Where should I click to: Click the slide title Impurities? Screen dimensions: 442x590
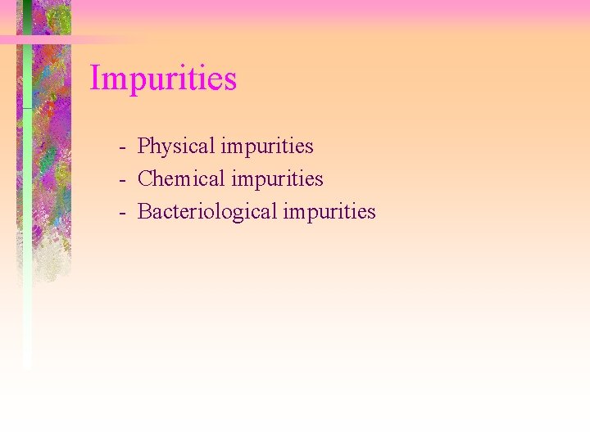[x=163, y=79]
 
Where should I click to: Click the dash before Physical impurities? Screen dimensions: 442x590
[x=121, y=148]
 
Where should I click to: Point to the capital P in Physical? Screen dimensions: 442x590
[x=144, y=147]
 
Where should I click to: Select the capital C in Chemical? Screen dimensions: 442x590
[x=146, y=178]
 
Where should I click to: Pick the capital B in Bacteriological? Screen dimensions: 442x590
[x=145, y=211]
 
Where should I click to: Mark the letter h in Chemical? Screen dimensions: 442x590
[x=159, y=178]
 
